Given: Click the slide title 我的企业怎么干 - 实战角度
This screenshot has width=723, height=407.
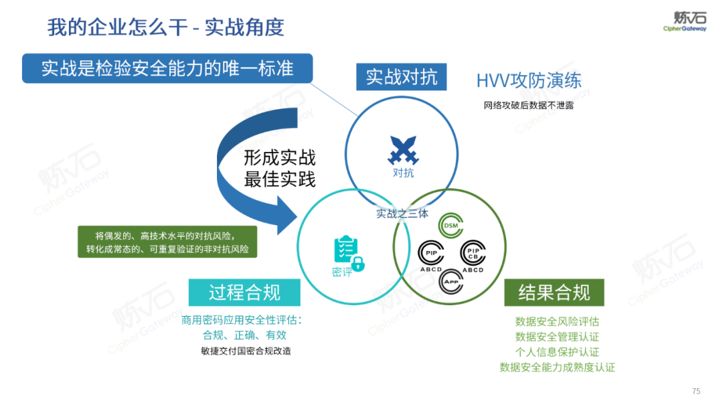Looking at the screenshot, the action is (x=166, y=27).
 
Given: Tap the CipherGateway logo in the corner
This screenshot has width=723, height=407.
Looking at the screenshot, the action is (x=684, y=21).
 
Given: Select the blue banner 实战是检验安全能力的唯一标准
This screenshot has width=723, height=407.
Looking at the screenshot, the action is (x=167, y=68).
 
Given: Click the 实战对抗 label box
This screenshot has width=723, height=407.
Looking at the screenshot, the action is (x=401, y=77).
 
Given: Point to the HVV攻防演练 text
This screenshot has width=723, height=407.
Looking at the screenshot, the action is (x=529, y=82).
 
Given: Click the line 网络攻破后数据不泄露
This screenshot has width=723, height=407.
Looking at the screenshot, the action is (x=529, y=105).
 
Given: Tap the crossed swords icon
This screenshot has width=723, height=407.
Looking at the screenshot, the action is (x=403, y=151).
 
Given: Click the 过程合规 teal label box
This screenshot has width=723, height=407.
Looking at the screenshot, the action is (x=244, y=293).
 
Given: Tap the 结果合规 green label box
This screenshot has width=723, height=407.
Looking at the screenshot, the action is (x=554, y=293).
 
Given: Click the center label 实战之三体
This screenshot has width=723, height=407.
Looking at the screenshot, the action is (x=402, y=214).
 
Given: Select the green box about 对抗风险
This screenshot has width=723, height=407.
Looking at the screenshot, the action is (x=167, y=242).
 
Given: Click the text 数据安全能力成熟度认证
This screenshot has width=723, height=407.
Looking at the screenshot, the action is (x=557, y=367).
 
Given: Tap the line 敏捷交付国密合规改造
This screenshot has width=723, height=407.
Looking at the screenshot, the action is (x=246, y=351).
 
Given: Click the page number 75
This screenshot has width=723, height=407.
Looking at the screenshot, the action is (x=696, y=391).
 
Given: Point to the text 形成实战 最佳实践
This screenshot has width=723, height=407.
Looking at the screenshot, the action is (x=280, y=168).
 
